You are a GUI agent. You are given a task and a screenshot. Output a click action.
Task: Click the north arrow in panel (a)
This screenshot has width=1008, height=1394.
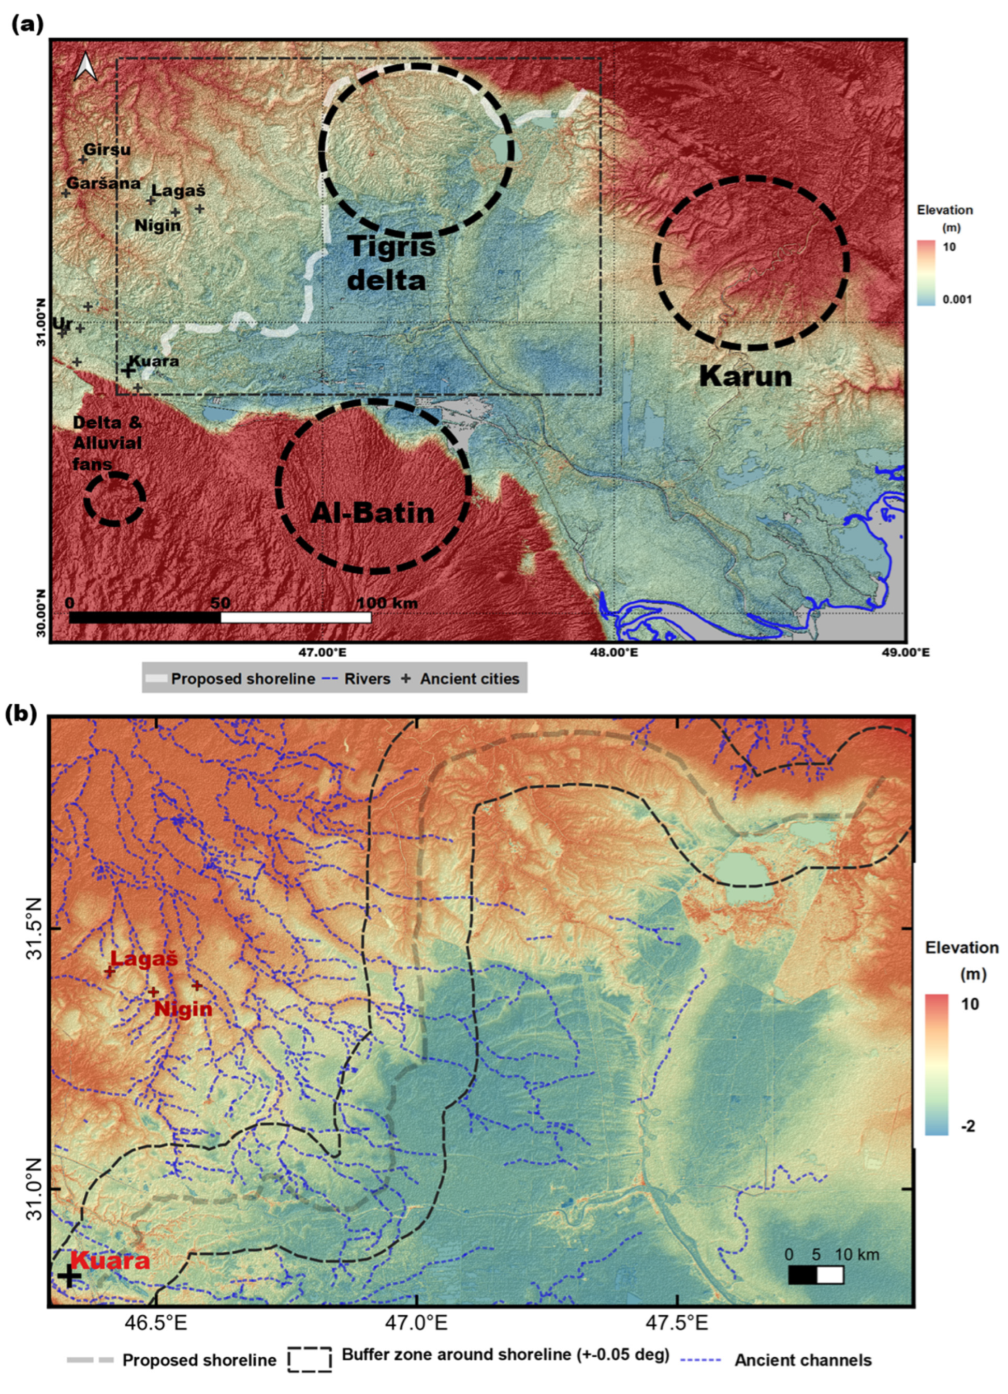[86, 66]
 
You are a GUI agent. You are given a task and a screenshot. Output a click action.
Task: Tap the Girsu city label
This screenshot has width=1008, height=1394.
[107, 150]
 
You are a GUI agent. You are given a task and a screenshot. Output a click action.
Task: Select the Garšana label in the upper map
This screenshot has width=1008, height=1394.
[104, 183]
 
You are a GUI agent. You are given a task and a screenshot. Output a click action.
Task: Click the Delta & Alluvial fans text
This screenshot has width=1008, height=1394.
[107, 442]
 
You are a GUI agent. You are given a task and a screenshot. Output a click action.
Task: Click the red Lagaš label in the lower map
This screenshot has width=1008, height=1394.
[144, 958]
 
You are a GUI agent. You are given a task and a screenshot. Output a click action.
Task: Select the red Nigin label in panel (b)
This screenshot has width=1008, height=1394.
[183, 1009]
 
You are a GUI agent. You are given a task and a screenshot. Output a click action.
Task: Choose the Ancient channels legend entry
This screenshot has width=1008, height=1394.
[802, 1360]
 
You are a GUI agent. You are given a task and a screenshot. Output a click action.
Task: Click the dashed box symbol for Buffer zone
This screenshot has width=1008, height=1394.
[310, 1360]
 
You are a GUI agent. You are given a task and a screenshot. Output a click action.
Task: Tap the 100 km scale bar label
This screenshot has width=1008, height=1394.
[387, 603]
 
